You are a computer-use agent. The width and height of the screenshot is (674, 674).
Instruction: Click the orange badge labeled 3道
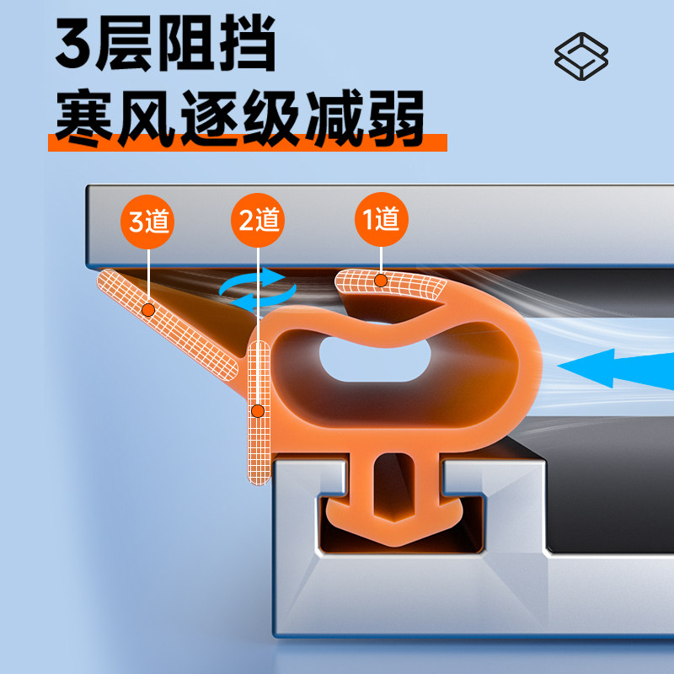click(150, 222)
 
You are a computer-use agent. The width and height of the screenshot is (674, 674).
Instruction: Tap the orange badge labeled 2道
click(257, 222)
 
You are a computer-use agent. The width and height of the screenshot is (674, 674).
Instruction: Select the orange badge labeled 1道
click(381, 220)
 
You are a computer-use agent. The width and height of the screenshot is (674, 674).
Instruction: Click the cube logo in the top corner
click(581, 56)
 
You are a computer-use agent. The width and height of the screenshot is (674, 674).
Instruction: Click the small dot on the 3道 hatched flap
click(149, 310)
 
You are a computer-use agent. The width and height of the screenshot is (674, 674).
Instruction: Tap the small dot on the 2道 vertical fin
click(258, 411)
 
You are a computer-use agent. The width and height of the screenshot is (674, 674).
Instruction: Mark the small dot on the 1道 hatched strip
click(381, 280)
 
